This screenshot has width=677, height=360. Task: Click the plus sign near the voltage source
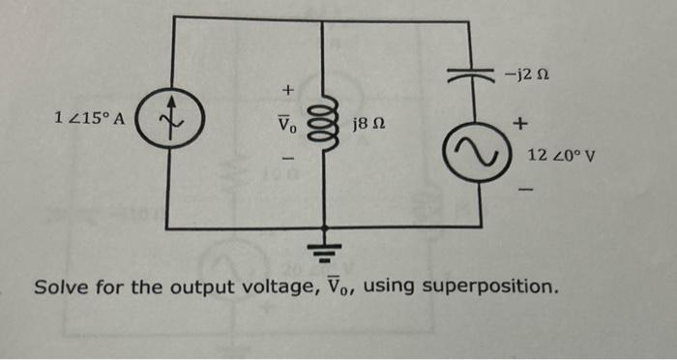[522, 124]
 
